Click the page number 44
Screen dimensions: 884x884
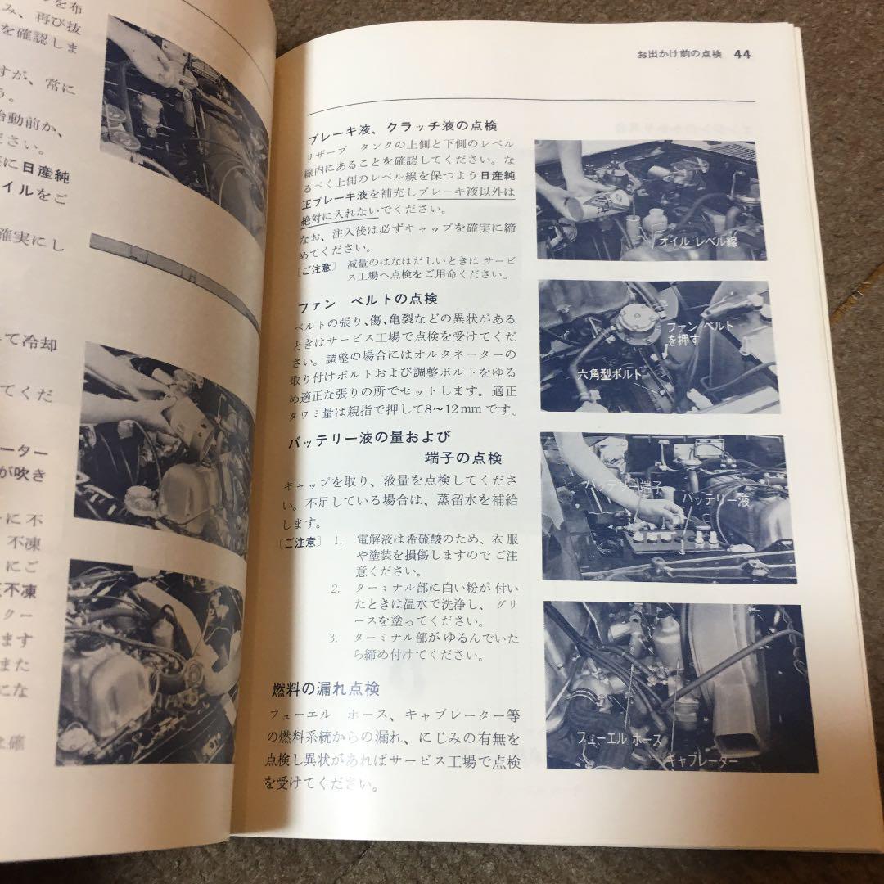pyautogui.click(x=743, y=55)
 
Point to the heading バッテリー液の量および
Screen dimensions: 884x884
pyautogui.click(x=368, y=439)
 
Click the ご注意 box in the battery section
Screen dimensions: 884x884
pyautogui.click(x=300, y=542)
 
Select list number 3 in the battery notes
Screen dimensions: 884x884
pyautogui.click(x=334, y=638)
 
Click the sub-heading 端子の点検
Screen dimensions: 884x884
pyautogui.click(x=465, y=458)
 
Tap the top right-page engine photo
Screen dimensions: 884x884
pyautogui.click(x=651, y=200)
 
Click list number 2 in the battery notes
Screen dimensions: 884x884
pyautogui.click(x=335, y=589)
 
